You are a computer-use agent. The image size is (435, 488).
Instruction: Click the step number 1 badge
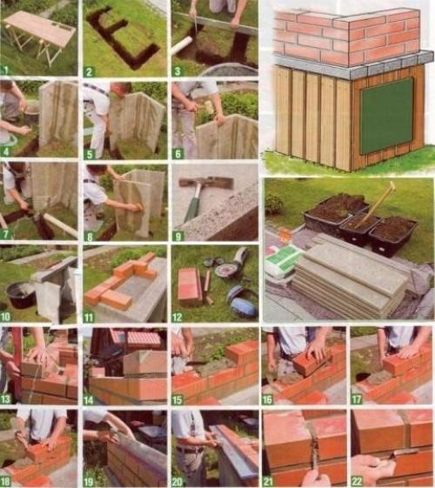click(x=5, y=70)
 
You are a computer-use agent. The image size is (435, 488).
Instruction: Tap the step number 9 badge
click(x=177, y=237)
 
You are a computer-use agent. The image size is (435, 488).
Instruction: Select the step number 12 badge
click(x=177, y=318)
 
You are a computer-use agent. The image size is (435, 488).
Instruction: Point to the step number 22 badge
click(x=357, y=481)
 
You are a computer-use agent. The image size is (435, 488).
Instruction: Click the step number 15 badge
click(x=177, y=399)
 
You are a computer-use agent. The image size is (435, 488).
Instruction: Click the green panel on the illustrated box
click(x=387, y=115)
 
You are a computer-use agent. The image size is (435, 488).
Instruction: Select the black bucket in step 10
click(x=22, y=295)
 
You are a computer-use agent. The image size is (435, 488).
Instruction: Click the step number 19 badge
click(x=89, y=482)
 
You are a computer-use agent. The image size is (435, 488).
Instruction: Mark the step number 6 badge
click(x=177, y=154)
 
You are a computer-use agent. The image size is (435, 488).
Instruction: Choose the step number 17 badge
click(x=357, y=399)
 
